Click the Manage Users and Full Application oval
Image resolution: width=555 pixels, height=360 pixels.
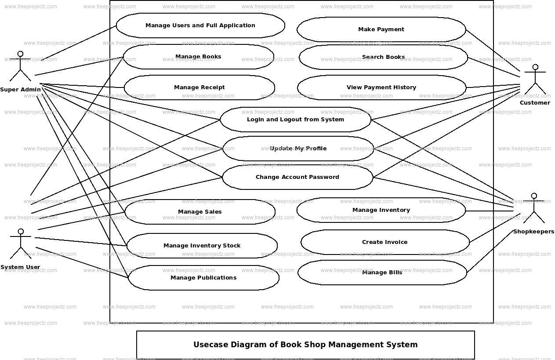[200, 25]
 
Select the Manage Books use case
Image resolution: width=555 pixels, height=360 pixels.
[198, 57]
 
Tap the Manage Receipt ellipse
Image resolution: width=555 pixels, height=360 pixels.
[199, 87]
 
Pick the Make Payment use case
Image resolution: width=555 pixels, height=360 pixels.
[381, 29]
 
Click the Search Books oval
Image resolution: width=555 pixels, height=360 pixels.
[383, 57]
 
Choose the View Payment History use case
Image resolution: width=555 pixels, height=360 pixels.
[381, 87]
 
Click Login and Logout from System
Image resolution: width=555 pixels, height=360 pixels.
[295, 120]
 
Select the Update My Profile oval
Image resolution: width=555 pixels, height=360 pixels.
[298, 149]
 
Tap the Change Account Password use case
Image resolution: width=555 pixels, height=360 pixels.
[297, 177]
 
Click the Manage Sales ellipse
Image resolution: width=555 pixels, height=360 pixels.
[200, 212]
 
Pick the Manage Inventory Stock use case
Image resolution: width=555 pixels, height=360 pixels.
[202, 246]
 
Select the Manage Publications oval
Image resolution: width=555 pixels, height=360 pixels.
[203, 278]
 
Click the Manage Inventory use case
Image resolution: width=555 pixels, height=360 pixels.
[381, 210]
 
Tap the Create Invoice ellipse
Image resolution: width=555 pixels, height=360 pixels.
[385, 242]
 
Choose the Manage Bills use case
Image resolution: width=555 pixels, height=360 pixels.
[382, 273]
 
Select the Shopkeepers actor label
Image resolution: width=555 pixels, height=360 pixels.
[533, 232]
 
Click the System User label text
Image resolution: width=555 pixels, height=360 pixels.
[20, 267]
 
